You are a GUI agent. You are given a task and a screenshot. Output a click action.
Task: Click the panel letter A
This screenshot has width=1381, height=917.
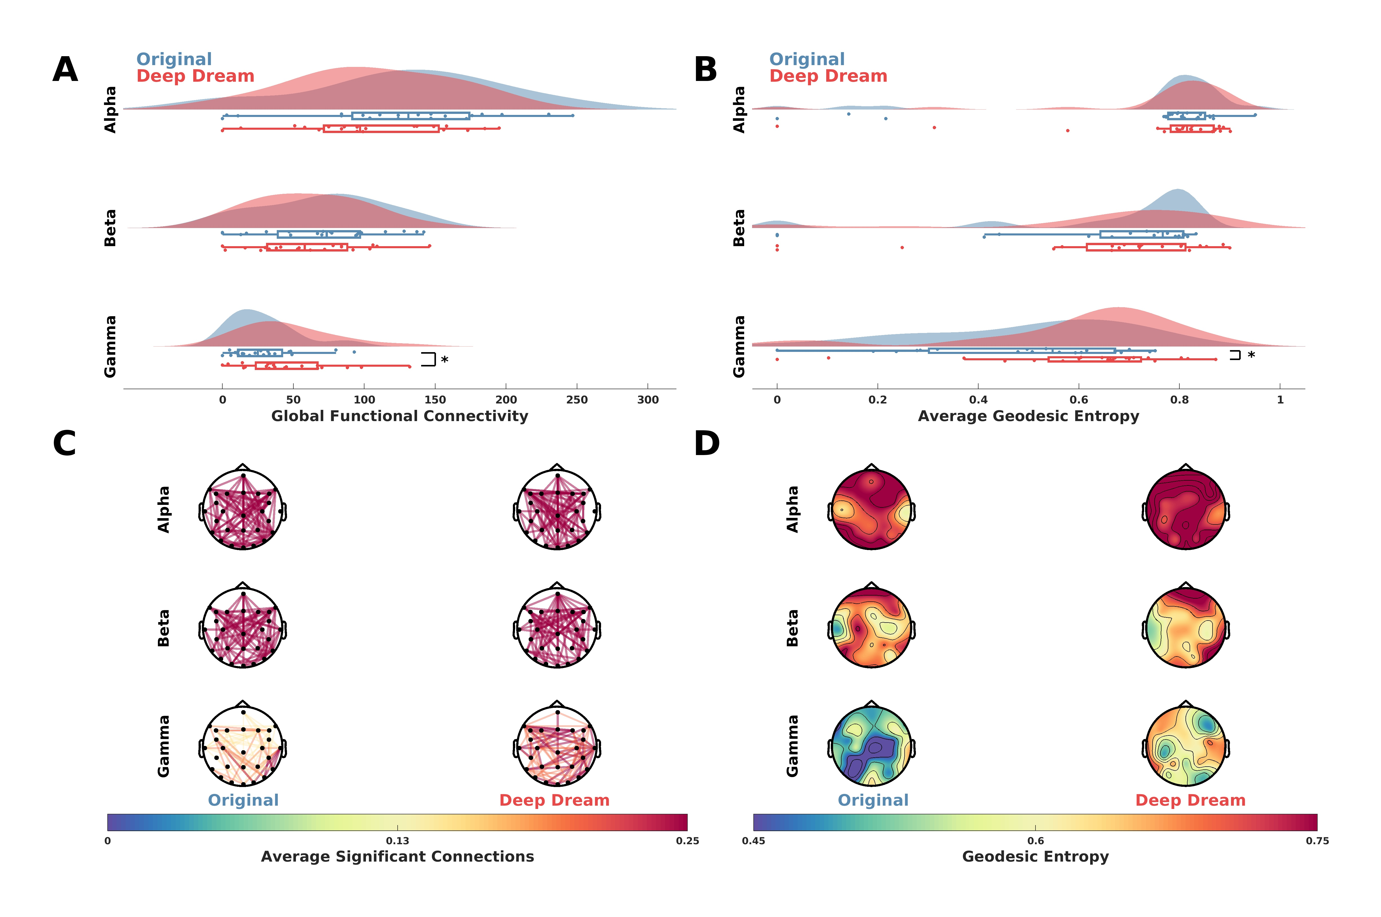(65, 70)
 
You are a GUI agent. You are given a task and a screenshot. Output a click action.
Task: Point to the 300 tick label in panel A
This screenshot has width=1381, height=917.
(648, 400)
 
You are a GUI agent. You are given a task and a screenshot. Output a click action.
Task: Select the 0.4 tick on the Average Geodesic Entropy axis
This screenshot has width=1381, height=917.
(978, 400)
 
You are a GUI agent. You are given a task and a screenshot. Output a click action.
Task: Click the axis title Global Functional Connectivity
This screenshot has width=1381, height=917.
(400, 416)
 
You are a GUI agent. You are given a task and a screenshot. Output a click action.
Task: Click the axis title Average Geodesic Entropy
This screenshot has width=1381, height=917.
(1028, 416)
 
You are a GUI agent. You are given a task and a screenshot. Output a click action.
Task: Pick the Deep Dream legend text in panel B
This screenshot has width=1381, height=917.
(828, 76)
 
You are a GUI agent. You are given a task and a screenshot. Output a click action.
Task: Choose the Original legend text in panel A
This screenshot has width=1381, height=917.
(174, 59)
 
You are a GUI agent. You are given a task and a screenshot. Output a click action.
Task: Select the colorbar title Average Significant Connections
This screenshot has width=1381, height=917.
(397, 857)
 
